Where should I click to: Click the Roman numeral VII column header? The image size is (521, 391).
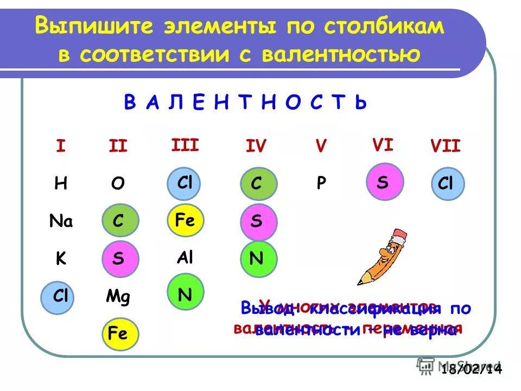(445, 146)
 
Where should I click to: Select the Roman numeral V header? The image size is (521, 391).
(321, 146)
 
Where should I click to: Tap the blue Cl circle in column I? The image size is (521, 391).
(60, 296)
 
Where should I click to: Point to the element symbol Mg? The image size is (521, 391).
(118, 297)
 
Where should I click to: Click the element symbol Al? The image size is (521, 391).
(185, 257)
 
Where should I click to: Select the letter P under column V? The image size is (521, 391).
(321, 184)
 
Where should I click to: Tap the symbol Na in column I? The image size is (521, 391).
(61, 221)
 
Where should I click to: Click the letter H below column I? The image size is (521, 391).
(60, 184)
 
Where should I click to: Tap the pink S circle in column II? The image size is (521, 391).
(120, 258)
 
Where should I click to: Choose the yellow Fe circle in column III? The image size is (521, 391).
(185, 221)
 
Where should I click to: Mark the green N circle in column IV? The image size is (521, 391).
(258, 258)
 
